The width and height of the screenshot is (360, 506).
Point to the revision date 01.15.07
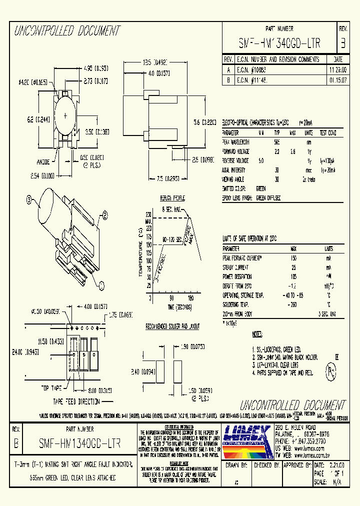click(336, 79)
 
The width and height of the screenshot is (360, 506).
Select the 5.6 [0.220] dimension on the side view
click(204, 121)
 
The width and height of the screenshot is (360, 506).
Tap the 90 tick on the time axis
click(171, 297)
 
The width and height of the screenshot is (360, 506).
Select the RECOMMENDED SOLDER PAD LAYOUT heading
click(172, 326)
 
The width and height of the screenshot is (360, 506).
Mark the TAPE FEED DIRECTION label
click(77, 401)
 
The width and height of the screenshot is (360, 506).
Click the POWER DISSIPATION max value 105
click(293, 276)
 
